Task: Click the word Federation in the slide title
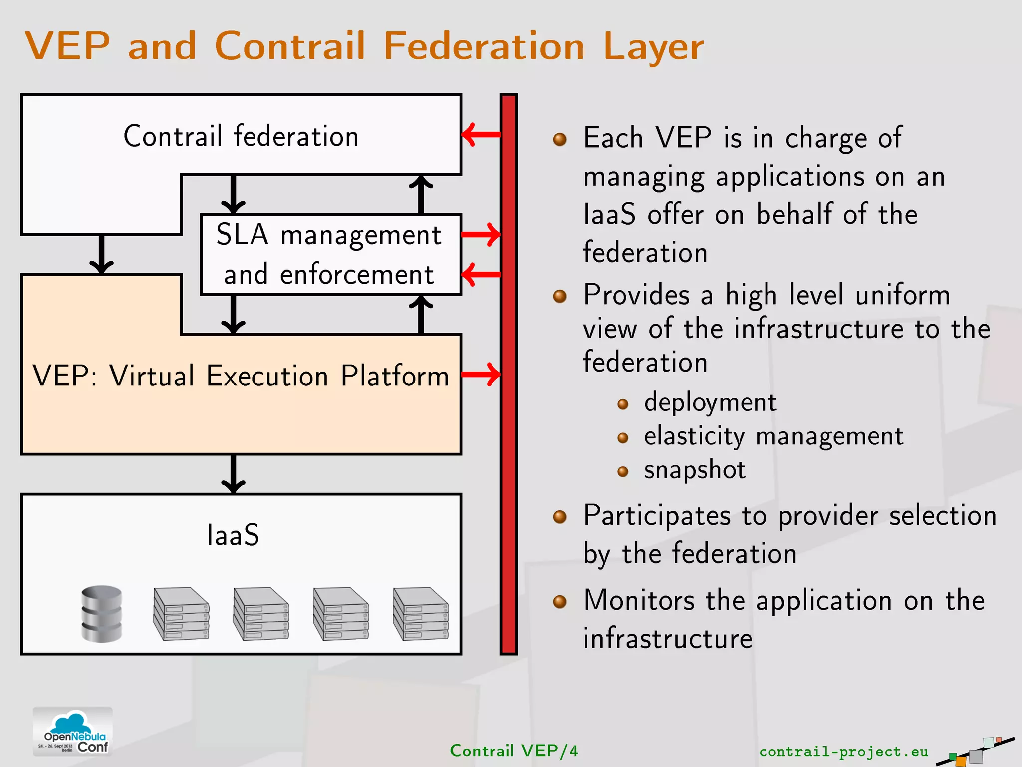pyautogui.click(x=483, y=46)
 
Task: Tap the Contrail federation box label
pyautogui.click(x=241, y=136)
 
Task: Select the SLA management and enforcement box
pyautogui.click(x=329, y=255)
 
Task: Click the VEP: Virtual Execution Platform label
pyautogui.click(x=241, y=376)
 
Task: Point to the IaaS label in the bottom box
pyautogui.click(x=233, y=535)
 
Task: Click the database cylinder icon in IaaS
pyautogui.click(x=102, y=614)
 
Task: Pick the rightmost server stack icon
pyautogui.click(x=421, y=614)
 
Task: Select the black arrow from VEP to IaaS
pyautogui.click(x=233, y=474)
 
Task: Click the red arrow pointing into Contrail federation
pyautogui.click(x=481, y=134)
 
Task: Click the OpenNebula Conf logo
pyautogui.click(x=73, y=731)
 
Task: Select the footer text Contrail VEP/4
pyautogui.click(x=513, y=751)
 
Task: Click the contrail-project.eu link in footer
pyautogui.click(x=843, y=751)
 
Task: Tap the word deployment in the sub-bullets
pyautogui.click(x=710, y=402)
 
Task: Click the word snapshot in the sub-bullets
pyautogui.click(x=694, y=470)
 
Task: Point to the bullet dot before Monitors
pyautogui.click(x=560, y=601)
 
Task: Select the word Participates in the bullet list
pyautogui.click(x=657, y=516)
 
